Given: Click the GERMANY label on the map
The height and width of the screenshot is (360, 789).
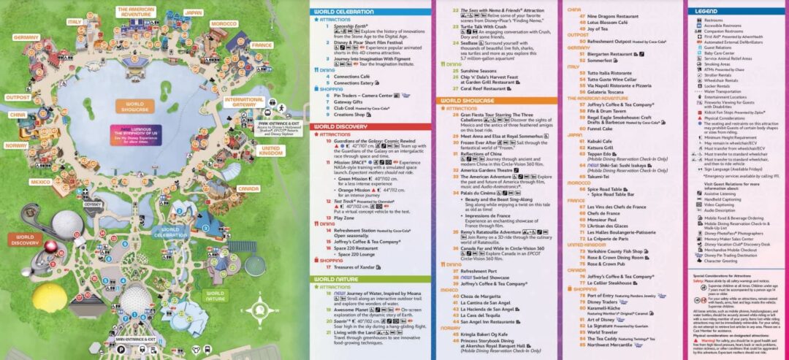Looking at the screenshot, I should [25, 37].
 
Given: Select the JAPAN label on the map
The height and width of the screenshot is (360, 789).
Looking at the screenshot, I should [194, 12].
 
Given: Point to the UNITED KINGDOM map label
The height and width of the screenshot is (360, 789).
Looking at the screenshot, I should [270, 149].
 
